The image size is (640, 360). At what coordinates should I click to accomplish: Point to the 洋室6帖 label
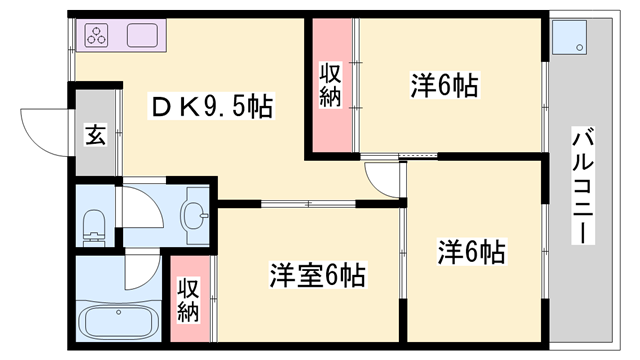[x=316, y=273]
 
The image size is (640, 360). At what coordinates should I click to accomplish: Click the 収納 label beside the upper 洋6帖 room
[x=331, y=85]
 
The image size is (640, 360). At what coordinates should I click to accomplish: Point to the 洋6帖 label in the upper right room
[x=444, y=85]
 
